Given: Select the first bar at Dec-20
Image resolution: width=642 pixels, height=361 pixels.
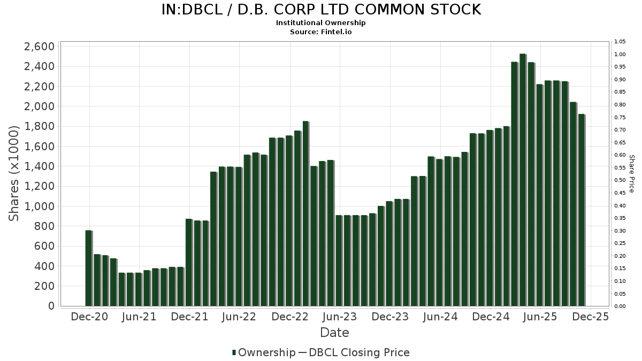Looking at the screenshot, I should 88,268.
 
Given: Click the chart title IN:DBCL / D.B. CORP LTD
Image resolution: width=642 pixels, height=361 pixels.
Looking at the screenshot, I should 321,10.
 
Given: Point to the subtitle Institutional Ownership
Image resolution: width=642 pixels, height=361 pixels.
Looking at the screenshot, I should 321,23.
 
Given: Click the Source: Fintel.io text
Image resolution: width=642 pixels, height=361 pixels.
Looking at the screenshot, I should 321,32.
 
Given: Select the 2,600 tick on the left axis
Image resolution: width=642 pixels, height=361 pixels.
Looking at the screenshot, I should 39,47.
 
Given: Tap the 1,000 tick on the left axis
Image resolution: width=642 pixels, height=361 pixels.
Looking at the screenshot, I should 39,206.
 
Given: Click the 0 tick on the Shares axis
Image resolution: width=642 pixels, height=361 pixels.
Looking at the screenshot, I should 51,306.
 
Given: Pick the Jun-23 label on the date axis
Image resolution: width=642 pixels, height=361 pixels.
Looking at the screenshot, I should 340,317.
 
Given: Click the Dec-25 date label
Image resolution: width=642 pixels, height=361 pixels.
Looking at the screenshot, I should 591,317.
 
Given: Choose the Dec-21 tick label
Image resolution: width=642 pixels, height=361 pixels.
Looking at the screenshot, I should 190,317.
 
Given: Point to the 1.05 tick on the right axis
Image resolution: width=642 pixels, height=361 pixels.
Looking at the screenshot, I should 620,42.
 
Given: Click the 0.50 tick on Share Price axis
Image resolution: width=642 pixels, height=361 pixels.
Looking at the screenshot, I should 620,180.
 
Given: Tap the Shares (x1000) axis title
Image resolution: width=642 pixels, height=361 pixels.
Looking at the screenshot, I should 14,172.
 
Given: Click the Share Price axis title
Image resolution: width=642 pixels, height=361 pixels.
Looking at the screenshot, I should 631,174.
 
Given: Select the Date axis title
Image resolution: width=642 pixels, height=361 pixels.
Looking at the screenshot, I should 334,333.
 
